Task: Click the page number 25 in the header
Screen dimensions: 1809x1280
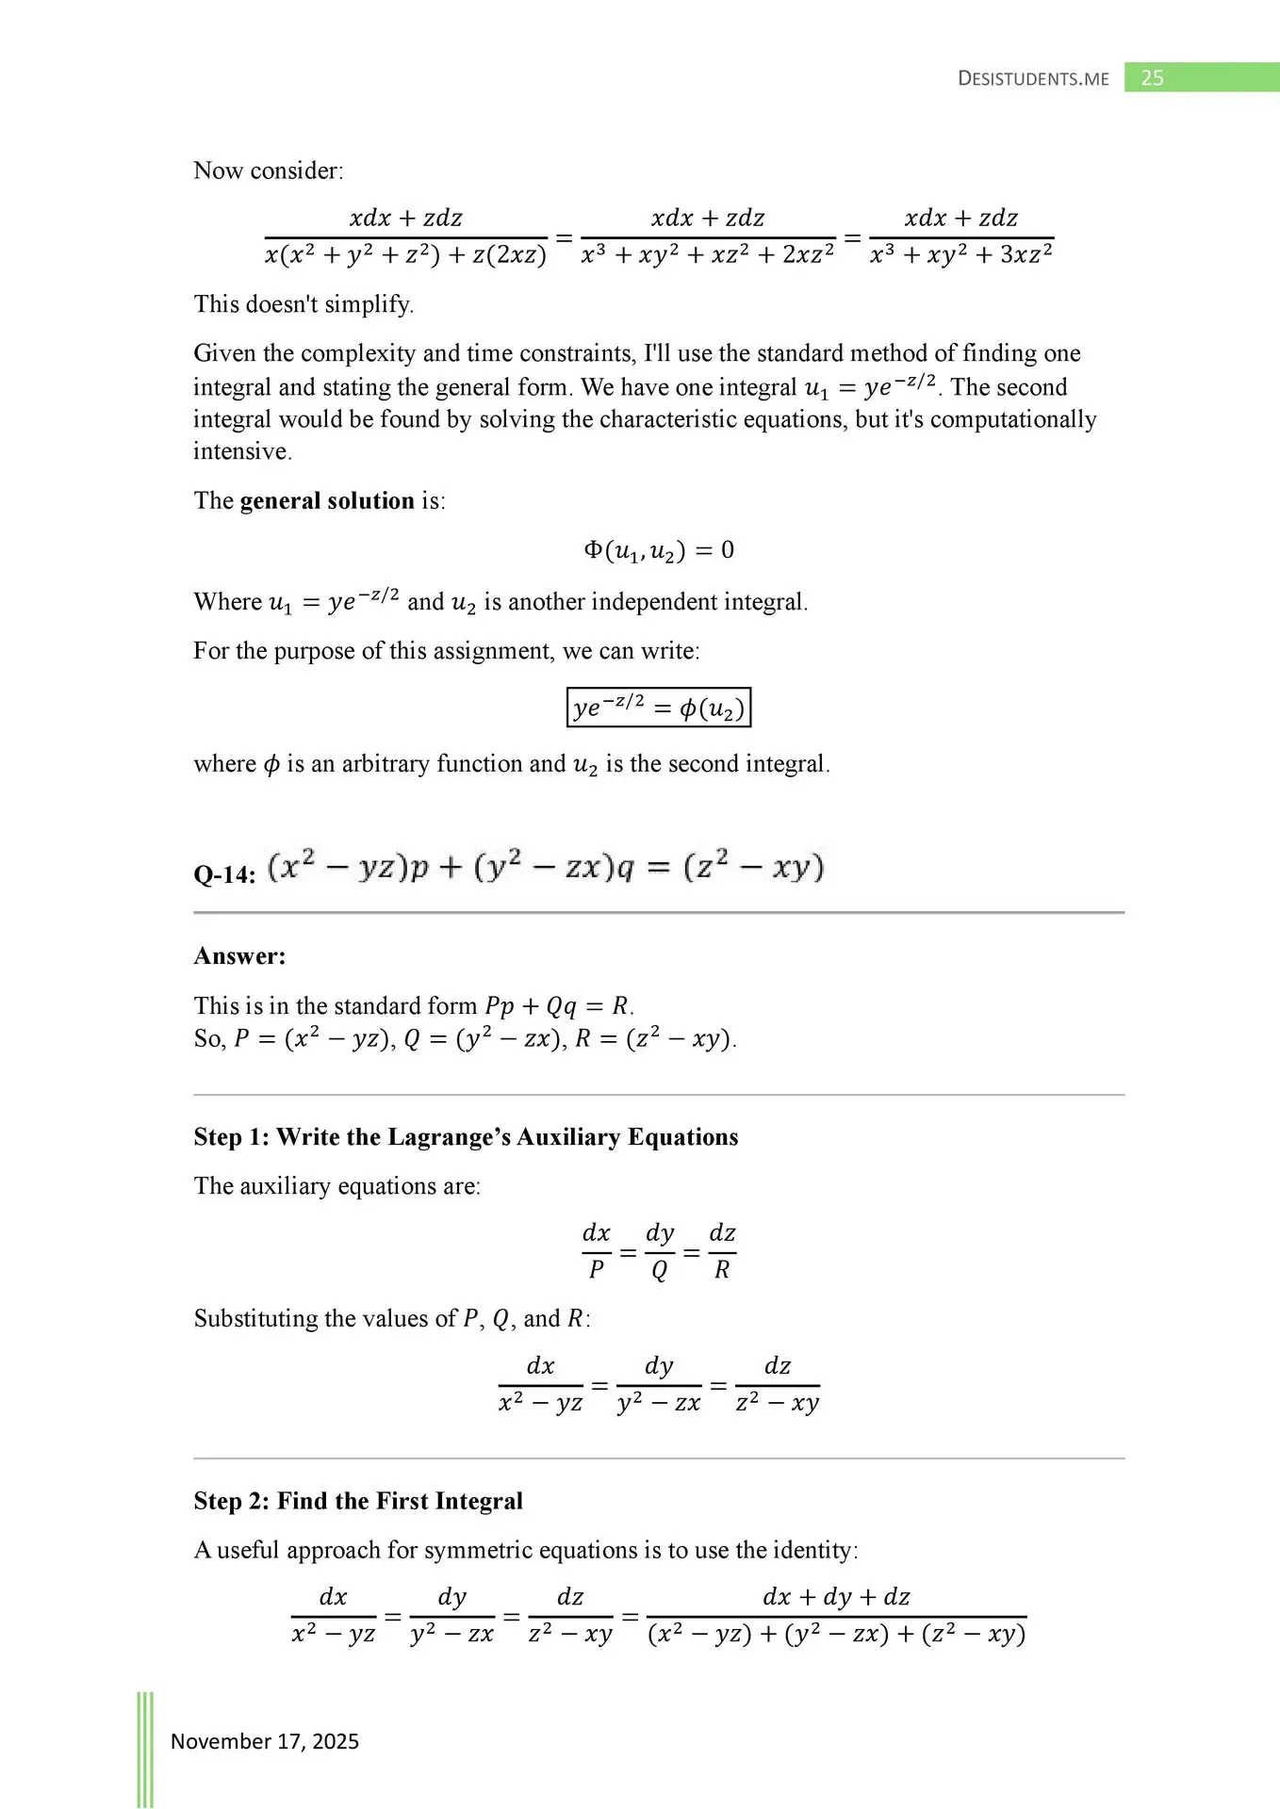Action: [1152, 78]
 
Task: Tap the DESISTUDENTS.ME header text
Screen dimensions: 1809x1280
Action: [1033, 79]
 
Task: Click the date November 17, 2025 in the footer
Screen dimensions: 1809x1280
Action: [265, 1741]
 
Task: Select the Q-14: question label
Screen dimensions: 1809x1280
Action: [224, 874]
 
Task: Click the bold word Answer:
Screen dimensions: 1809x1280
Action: [239, 956]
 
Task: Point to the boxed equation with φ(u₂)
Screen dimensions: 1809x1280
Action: [658, 708]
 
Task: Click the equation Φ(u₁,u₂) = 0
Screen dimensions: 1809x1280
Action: [658, 550]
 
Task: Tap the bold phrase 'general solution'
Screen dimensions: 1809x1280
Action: [327, 500]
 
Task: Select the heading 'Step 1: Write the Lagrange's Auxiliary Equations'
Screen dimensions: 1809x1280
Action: [466, 1137]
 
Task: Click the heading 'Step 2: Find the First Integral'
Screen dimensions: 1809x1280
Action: [358, 1501]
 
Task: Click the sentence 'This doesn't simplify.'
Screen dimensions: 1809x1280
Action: [304, 304]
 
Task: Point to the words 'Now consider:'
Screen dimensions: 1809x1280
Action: [269, 171]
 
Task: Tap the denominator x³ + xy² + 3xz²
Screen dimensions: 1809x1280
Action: [960, 254]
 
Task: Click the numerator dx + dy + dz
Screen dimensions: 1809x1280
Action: [836, 1597]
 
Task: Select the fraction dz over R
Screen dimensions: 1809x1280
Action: [722, 1251]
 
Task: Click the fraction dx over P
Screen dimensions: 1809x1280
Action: [596, 1251]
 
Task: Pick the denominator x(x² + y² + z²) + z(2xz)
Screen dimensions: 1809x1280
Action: [405, 254]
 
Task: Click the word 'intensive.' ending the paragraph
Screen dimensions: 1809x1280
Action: [242, 451]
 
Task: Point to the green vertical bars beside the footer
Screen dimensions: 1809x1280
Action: [145, 1748]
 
